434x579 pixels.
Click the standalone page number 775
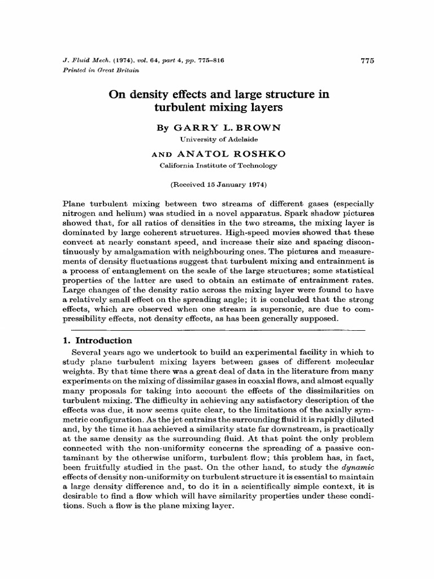367,61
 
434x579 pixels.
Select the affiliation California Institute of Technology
217,166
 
